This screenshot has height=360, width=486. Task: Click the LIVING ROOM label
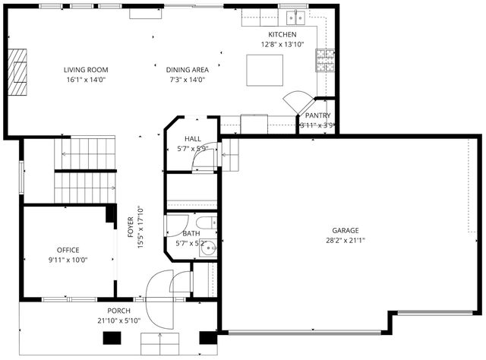click(x=84, y=70)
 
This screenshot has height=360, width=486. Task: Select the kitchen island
click(x=265, y=71)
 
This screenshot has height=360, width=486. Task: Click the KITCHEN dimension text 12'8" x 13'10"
click(x=282, y=45)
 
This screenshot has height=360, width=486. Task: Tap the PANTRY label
click(x=317, y=115)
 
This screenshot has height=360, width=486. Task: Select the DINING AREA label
click(x=187, y=70)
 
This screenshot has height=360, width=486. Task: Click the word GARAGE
click(x=345, y=230)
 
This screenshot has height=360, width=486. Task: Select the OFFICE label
click(x=68, y=250)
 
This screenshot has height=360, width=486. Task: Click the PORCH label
click(x=118, y=311)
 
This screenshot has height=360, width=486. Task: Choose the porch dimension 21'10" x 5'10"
click(x=118, y=321)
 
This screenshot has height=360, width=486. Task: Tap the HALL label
click(x=192, y=139)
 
